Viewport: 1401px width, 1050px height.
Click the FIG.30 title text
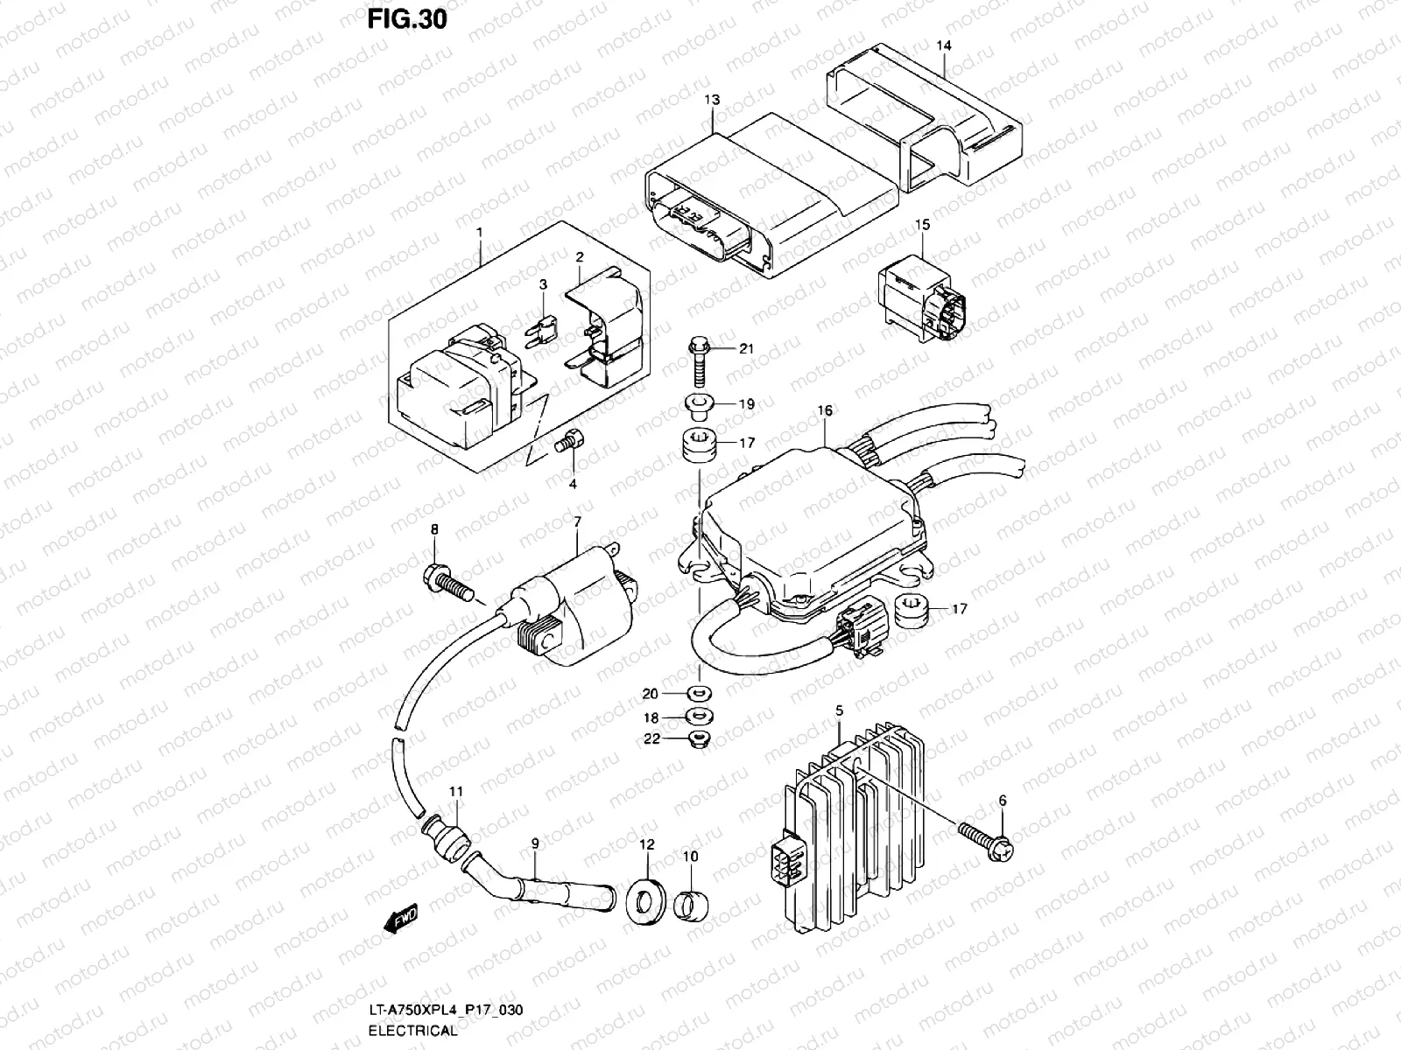pyautogui.click(x=407, y=18)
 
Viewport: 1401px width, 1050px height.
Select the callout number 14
pyautogui.click(x=942, y=45)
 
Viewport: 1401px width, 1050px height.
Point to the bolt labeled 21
pyautogui.click(x=700, y=360)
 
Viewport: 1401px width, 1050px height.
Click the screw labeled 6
pyautogui.click(x=985, y=842)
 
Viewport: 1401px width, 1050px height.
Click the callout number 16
pyautogui.click(x=825, y=410)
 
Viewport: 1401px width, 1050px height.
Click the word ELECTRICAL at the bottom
pyautogui.click(x=412, y=1031)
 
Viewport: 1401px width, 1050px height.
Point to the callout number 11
pyautogui.click(x=455, y=792)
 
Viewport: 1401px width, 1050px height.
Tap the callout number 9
pyautogui.click(x=535, y=843)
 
